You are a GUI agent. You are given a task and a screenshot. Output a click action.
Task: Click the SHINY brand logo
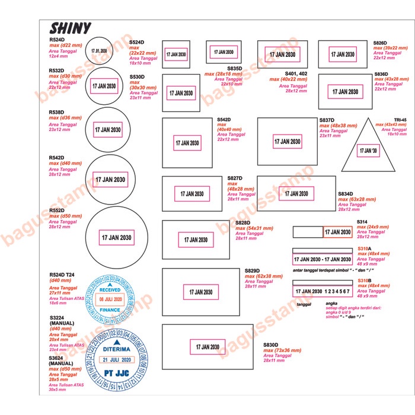pyautogui.click(x=71, y=28)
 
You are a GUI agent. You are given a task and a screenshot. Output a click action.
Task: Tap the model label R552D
pyautogui.click(x=58, y=210)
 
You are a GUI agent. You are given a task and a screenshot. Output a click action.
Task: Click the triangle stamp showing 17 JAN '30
pyautogui.click(x=367, y=151)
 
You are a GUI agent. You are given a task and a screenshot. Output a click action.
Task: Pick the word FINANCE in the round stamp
pyautogui.click(x=109, y=309)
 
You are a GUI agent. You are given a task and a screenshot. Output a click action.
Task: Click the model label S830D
pyautogui.click(x=271, y=344)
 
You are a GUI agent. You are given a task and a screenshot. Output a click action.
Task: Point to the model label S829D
pyautogui.click(x=253, y=271)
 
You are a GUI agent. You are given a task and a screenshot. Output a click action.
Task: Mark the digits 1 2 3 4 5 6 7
pyautogui.click(x=339, y=292)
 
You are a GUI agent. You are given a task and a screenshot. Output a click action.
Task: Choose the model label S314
pyautogui.click(x=362, y=222)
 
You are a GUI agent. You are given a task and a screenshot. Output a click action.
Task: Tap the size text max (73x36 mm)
pyautogui.click(x=283, y=350)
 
